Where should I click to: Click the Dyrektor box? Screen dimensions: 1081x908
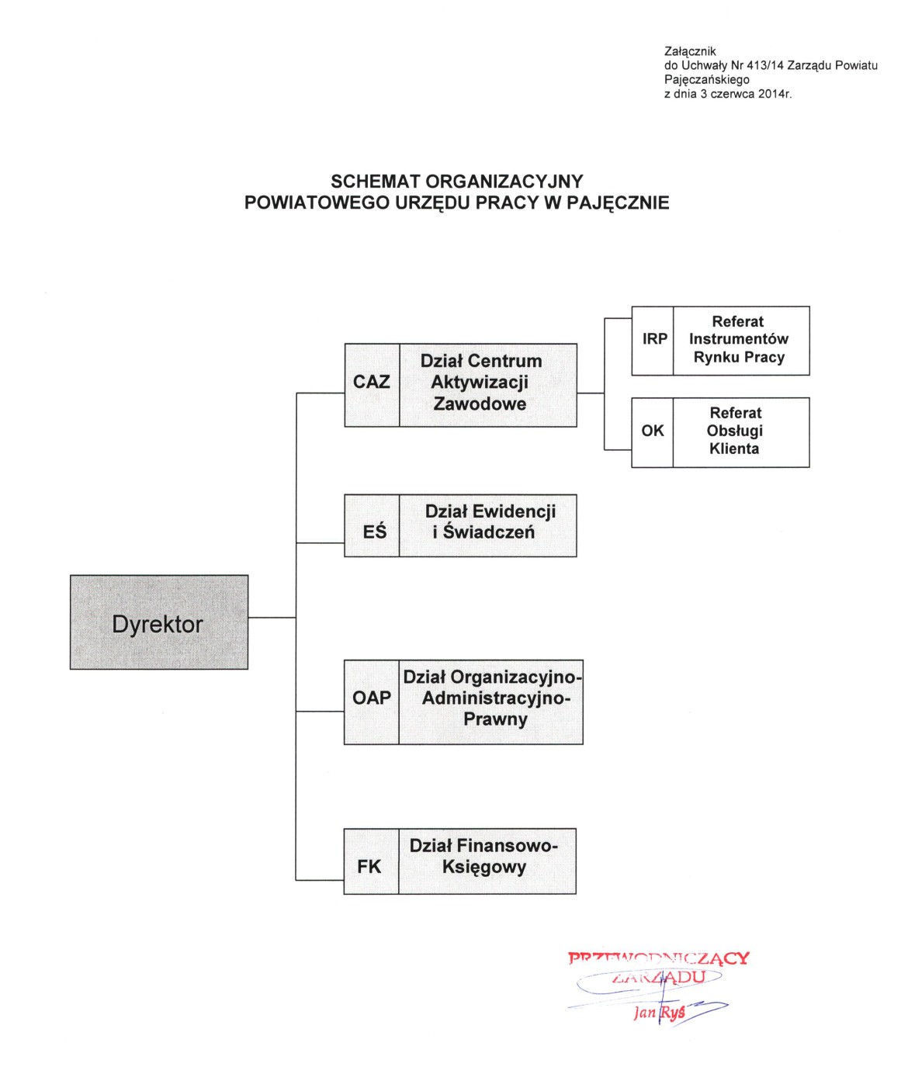click(x=158, y=622)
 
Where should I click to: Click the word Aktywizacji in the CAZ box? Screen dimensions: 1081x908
click(x=480, y=383)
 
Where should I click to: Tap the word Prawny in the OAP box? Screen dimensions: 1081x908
click(x=495, y=719)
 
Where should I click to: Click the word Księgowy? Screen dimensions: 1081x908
click(x=484, y=867)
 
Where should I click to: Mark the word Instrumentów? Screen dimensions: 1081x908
click(x=738, y=339)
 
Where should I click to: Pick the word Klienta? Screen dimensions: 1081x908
click(x=734, y=449)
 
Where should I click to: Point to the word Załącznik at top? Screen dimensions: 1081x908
click(x=690, y=51)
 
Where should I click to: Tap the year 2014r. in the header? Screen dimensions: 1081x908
click(x=775, y=94)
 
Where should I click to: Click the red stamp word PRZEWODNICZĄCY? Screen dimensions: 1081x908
click(x=659, y=958)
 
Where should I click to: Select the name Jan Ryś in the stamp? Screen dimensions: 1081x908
click(x=660, y=1013)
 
